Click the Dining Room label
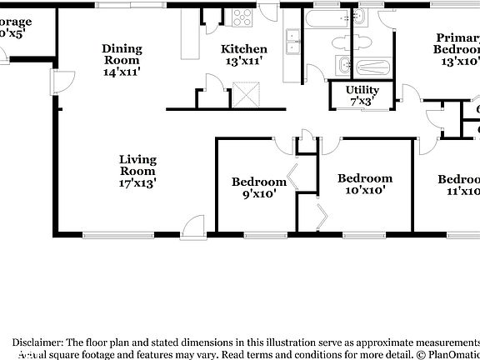pos(122,54)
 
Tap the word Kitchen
pos(244,49)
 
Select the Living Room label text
pos(137,165)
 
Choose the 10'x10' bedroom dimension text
pos(364,189)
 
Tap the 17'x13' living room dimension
pos(137,182)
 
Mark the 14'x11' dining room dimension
pos(122,72)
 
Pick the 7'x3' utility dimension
pos(362,101)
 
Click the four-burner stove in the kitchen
pos(242,16)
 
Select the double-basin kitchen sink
pos(292,42)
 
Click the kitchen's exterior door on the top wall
pos(268,12)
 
